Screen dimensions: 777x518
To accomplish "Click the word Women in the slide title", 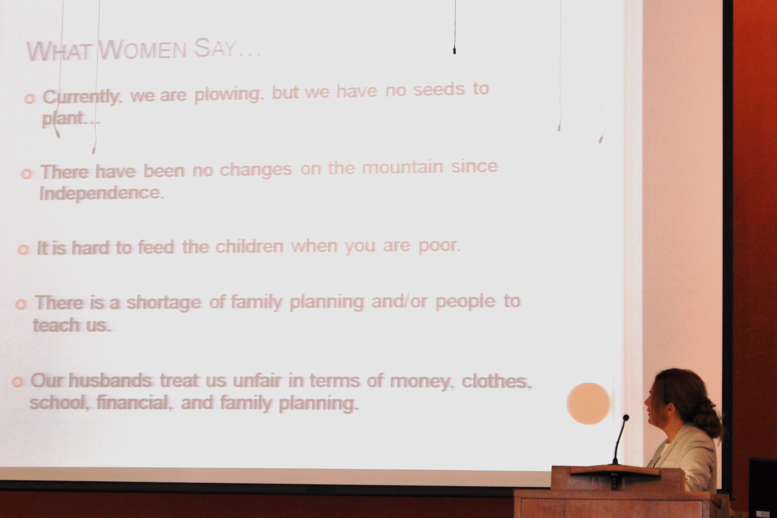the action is (x=142, y=50).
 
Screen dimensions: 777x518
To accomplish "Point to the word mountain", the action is (x=402, y=168).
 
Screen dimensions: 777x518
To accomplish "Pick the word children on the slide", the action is (x=250, y=247).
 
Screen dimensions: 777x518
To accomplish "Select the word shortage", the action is (x=164, y=303).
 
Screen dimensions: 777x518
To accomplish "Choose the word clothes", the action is (x=497, y=382).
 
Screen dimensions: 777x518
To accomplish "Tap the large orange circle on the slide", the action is (x=588, y=403).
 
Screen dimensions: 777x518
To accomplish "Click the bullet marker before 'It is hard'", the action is (x=23, y=250).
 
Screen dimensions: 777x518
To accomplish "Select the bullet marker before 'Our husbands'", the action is (x=17, y=382).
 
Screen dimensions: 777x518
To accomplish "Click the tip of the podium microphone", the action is (x=626, y=418).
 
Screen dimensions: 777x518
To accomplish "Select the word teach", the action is (x=56, y=325).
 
